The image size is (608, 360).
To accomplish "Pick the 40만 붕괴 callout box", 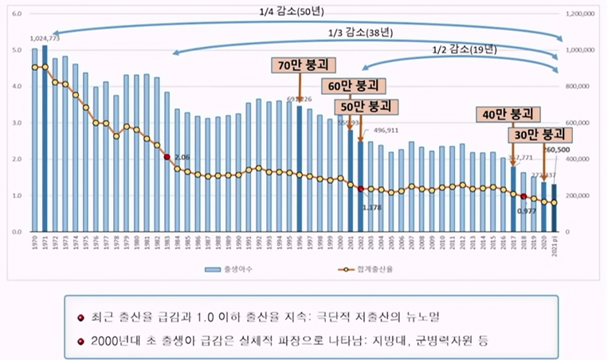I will click(x=508, y=114).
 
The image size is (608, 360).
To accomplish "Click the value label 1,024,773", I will click(x=45, y=38).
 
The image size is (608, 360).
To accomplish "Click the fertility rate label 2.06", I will click(x=182, y=158).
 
